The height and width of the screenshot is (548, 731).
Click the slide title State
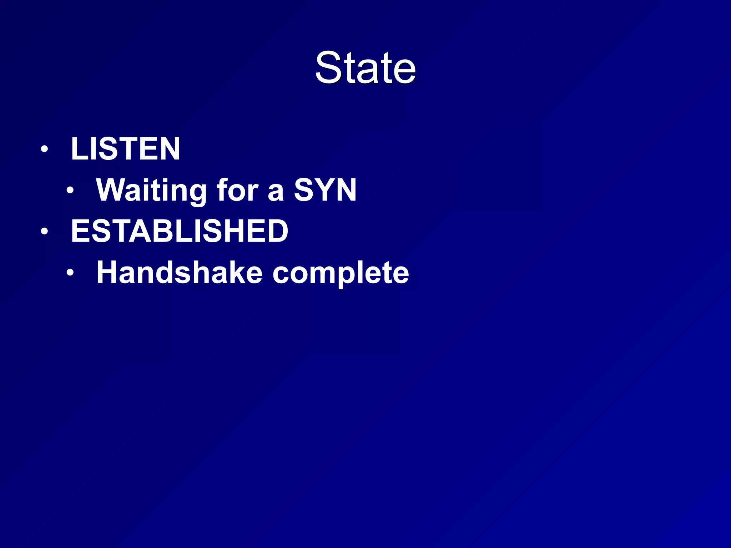point(365,68)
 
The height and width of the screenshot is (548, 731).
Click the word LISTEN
point(125,149)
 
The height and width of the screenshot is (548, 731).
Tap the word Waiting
point(151,191)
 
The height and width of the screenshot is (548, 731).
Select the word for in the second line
point(237,190)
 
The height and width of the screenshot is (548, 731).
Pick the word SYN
point(325,190)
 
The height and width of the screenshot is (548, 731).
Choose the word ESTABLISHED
point(180,231)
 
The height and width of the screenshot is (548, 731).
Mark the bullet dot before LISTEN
point(44,149)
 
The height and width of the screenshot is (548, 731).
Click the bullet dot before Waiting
point(70,191)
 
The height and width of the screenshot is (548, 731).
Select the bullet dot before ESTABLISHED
point(44,231)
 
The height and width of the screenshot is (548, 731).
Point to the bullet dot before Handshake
point(70,273)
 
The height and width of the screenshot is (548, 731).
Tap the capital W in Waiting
point(111,190)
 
